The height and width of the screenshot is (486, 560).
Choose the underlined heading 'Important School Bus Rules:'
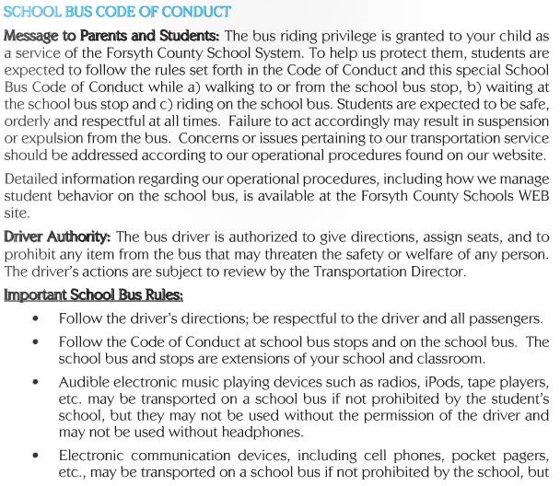coord(94,295)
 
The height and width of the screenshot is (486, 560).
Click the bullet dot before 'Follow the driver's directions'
coord(35,319)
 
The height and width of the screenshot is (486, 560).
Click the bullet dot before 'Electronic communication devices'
coord(35,457)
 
